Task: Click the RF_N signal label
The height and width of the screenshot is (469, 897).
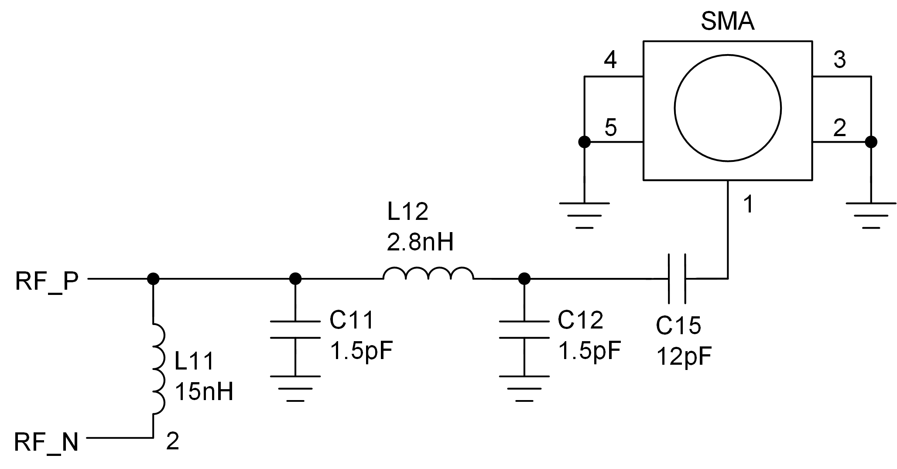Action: (47, 442)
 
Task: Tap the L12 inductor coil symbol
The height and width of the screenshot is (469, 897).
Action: (428, 274)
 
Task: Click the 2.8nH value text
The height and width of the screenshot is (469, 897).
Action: (420, 243)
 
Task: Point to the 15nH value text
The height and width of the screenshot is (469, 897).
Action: (204, 392)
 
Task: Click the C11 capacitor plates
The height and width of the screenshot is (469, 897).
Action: (295, 329)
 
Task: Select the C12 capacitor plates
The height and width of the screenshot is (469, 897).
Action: (524, 329)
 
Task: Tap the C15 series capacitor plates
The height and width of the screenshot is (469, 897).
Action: (677, 278)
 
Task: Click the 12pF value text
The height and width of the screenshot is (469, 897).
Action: (683, 356)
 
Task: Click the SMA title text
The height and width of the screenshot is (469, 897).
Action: (727, 22)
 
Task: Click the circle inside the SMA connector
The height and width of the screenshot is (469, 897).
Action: (727, 108)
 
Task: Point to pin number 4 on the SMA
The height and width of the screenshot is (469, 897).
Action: (610, 60)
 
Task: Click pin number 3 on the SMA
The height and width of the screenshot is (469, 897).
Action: (839, 60)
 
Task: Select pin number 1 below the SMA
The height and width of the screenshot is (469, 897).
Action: (748, 204)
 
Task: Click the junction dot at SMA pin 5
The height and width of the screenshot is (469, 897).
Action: (584, 142)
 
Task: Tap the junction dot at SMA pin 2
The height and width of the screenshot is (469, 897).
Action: (871, 142)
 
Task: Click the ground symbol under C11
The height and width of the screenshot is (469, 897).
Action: (295, 388)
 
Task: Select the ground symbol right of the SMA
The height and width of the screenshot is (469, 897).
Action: (871, 215)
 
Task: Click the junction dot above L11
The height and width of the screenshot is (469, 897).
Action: (153, 278)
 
